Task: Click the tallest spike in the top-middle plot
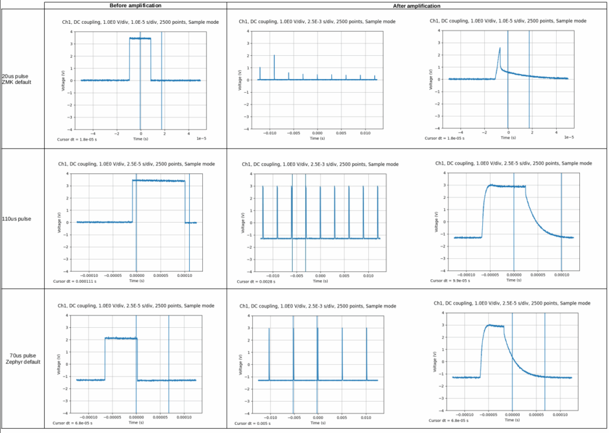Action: [274, 55]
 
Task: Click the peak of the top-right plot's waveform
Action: [500, 48]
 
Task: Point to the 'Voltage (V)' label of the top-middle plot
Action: [240, 80]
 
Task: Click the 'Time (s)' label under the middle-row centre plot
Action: [321, 281]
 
